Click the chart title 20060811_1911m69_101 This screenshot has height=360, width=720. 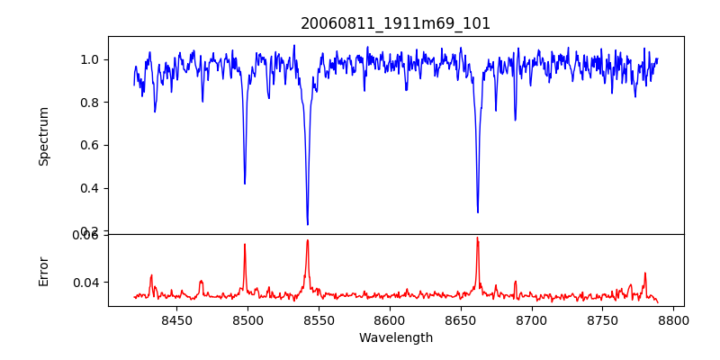click(395, 23)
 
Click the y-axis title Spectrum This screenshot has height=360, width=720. click(43, 136)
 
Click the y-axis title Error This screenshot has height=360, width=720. click(43, 270)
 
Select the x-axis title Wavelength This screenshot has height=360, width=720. click(395, 338)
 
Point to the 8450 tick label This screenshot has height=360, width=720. click(176, 319)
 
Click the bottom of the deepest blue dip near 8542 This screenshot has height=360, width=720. click(308, 224)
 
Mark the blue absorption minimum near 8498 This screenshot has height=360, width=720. click(245, 184)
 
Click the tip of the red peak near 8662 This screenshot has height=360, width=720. click(478, 238)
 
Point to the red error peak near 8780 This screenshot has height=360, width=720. click(644, 273)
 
